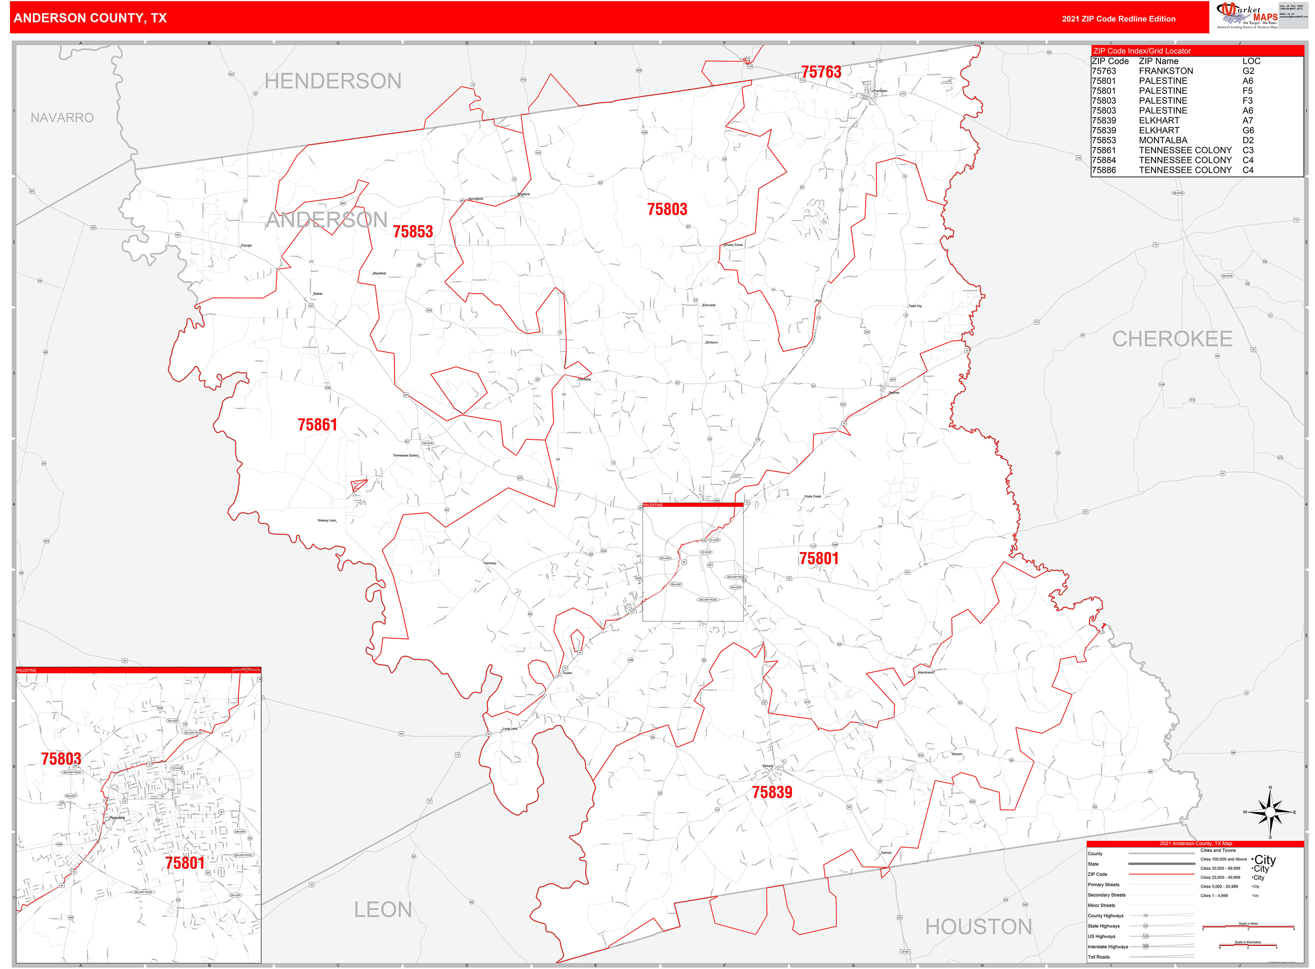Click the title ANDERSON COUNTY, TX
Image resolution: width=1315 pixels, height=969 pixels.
(x=90, y=18)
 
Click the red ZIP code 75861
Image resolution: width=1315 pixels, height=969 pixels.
(x=317, y=424)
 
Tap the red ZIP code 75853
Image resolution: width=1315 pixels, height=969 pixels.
(x=412, y=232)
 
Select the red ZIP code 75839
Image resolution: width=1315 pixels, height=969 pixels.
(x=771, y=792)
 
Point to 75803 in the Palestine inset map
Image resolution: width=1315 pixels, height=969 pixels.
(x=61, y=758)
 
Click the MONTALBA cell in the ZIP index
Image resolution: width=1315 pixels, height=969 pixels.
(x=1163, y=140)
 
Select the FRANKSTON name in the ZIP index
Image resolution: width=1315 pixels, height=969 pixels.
(x=1166, y=71)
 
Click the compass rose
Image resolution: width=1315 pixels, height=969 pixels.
(x=1269, y=812)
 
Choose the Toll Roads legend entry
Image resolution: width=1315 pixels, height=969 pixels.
(x=1099, y=957)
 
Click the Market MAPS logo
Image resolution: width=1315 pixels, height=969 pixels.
(x=1247, y=15)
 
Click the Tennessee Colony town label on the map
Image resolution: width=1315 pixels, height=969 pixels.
(x=405, y=455)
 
